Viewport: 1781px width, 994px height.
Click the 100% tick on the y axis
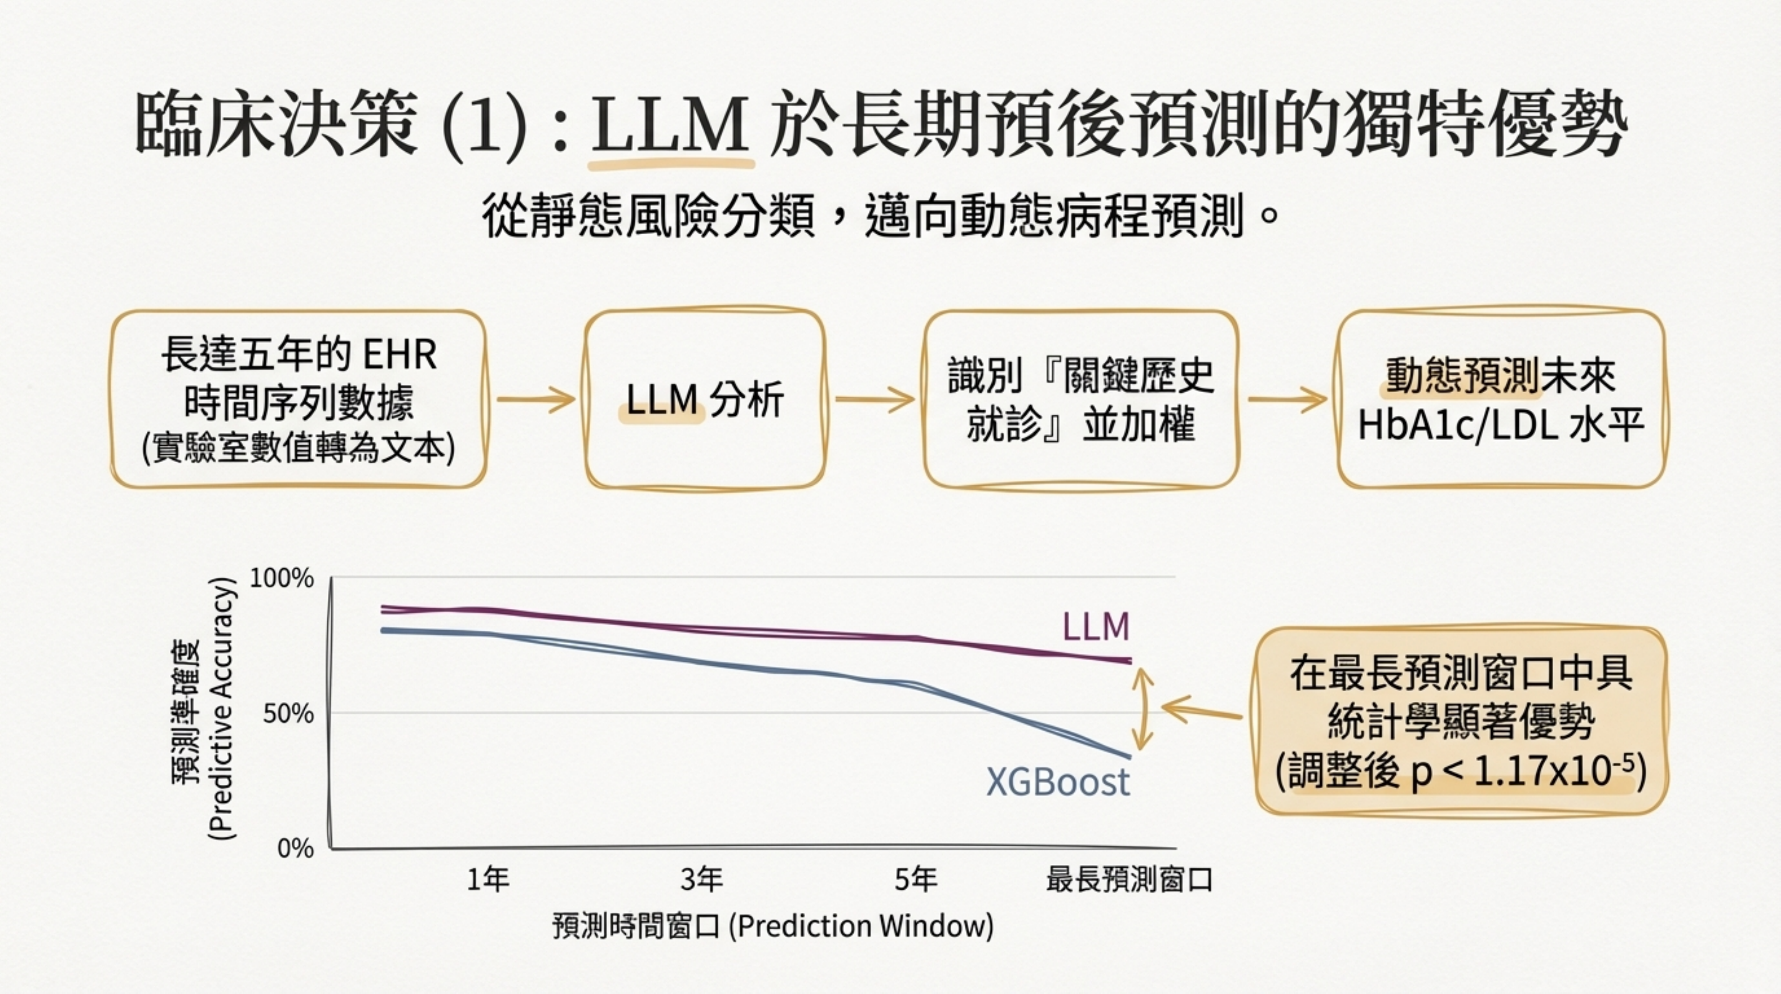pyautogui.click(x=281, y=578)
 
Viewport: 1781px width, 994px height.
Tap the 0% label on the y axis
pyautogui.click(x=295, y=848)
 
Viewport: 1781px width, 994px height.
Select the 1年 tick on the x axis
pyautogui.click(x=488, y=880)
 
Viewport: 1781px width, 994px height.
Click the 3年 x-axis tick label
pyautogui.click(x=702, y=880)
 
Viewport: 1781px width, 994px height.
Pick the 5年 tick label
pyautogui.click(x=915, y=880)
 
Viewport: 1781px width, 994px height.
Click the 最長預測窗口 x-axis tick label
pyautogui.click(x=1129, y=880)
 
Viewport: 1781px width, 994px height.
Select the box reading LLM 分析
pyautogui.click(x=704, y=400)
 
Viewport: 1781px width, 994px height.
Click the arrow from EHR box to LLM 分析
pyautogui.click(x=536, y=400)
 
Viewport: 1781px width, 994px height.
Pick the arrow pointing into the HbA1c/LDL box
pyautogui.click(x=1287, y=400)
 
